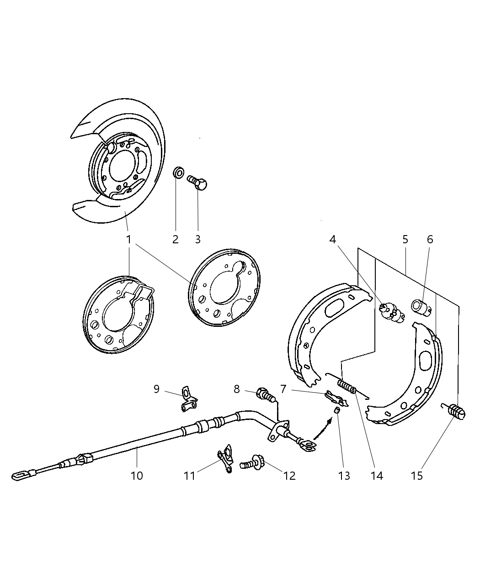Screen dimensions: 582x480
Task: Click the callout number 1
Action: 129,239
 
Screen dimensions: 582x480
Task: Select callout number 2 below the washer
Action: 176,239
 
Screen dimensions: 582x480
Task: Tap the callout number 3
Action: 197,239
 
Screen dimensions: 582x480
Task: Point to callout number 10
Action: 137,476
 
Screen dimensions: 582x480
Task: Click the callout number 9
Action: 156,389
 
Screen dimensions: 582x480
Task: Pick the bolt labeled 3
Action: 198,183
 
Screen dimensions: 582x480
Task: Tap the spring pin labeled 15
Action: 456,410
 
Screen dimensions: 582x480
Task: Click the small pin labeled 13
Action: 336,409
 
